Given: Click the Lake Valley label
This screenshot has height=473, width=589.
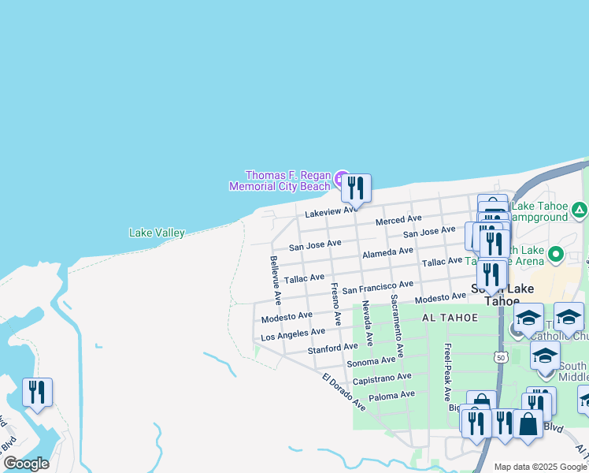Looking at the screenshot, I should pos(157,233).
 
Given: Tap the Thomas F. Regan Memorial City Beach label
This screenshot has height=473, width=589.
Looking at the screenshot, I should pos(280,181).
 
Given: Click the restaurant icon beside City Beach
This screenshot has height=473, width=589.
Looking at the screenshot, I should pos(356,188).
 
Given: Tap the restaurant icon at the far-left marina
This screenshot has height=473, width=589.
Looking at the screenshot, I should pos(37,392).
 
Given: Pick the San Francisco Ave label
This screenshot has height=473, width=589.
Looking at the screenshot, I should pos(377,287).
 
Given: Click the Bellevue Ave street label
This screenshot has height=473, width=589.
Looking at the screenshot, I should pos(275,281).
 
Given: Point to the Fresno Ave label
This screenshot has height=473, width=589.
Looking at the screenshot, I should pos(335,304).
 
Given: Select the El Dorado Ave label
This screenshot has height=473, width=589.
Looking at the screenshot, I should pos(344,392).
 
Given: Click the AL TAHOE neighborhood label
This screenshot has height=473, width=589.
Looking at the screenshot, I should pos(450,317).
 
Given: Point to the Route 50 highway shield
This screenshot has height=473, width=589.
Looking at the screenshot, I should pos(501,358).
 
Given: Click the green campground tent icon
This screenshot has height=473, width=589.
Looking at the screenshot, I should pos(580,209).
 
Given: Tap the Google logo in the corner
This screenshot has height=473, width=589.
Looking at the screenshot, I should pos(26,464).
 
